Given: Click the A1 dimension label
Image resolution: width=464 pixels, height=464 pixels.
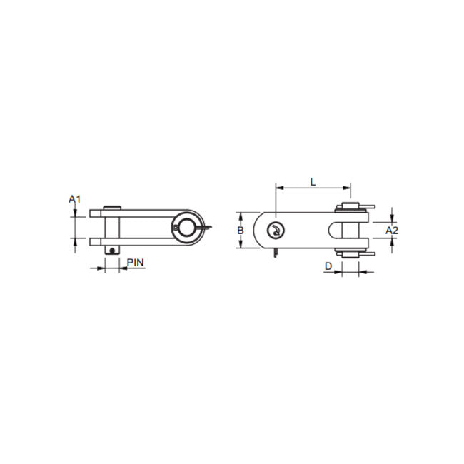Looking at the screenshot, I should click(x=75, y=198).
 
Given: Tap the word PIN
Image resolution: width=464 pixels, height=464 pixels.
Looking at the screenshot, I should click(x=136, y=262).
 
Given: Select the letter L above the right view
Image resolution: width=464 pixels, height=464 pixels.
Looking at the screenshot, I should click(x=313, y=181).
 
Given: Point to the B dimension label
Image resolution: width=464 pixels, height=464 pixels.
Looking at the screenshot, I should click(x=241, y=230).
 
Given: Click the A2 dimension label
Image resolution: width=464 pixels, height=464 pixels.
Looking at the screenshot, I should click(x=391, y=230).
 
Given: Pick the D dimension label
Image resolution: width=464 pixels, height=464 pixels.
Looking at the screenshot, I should click(x=328, y=266).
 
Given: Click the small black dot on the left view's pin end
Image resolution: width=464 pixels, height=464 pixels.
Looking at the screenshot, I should click(x=112, y=249).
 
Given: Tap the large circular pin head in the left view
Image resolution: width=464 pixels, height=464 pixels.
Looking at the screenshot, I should click(x=185, y=226).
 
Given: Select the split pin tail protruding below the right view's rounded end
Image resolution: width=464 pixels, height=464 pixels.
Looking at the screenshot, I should click(x=275, y=253).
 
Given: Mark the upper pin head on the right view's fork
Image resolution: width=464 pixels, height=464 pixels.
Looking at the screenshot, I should click(x=350, y=207).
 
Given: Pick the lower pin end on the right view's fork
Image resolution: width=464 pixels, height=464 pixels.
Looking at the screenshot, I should click(x=350, y=253).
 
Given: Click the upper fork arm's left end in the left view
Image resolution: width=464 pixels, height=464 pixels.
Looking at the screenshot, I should click(x=93, y=211).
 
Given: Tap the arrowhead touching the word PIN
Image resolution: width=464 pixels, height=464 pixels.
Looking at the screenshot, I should click(x=123, y=269).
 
